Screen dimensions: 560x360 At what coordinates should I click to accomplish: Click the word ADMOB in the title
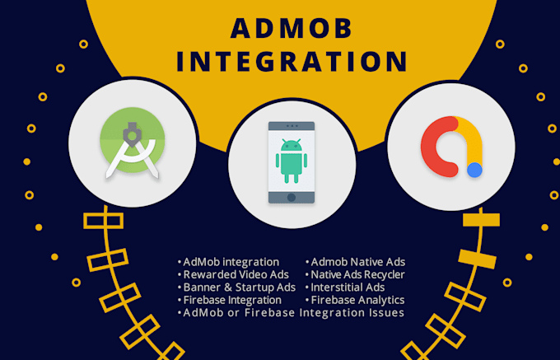click(292, 28)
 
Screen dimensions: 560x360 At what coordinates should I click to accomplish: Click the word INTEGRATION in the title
click(292, 62)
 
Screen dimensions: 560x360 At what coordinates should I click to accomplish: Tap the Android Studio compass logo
click(132, 143)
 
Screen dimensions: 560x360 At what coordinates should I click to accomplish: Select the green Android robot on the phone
click(292, 161)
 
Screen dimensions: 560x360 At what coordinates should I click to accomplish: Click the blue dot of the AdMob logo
click(474, 170)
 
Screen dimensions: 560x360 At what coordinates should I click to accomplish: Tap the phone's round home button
click(292, 198)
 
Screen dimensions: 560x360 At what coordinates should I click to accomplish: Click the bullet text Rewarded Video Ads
click(236, 274)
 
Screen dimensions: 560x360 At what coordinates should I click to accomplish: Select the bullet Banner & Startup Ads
click(240, 288)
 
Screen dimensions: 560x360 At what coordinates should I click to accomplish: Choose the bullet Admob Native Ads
click(358, 262)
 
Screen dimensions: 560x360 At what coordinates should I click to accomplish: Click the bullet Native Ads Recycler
click(357, 274)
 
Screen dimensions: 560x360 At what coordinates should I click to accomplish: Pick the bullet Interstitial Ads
click(348, 288)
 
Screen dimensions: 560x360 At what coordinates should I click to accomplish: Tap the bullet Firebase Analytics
click(357, 301)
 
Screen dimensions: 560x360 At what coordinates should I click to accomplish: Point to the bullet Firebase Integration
click(232, 301)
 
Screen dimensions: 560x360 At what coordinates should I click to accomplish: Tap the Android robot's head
click(292, 145)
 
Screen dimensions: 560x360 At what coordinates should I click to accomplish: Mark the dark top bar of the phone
click(292, 126)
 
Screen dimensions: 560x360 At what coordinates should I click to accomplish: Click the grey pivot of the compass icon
click(132, 135)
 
